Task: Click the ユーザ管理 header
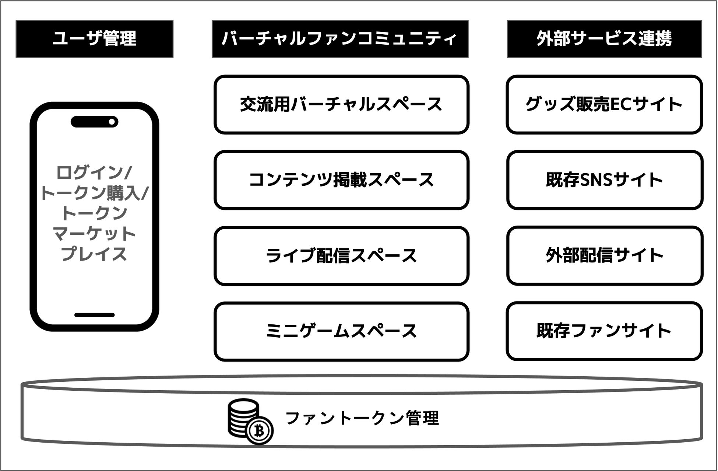tap(94, 39)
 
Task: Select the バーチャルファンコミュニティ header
tap(340, 39)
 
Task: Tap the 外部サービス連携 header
tap(604, 39)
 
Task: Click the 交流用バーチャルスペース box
tap(341, 104)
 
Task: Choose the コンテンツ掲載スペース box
tap(341, 180)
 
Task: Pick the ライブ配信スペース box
tap(341, 256)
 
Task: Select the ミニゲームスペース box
tap(341, 331)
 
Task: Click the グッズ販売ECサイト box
tap(604, 104)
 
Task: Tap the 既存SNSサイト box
tap(604, 180)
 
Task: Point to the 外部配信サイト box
tap(604, 256)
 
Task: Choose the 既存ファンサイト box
tap(604, 331)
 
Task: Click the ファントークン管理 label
tap(362, 418)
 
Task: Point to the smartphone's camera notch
tap(94, 122)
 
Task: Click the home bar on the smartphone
tap(94, 315)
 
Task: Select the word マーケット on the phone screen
tap(94, 234)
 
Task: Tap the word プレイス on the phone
tap(94, 254)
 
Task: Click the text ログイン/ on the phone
tap(94, 172)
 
